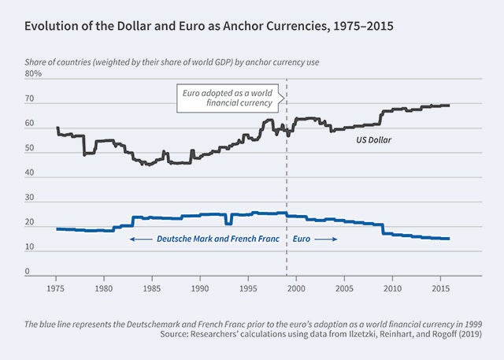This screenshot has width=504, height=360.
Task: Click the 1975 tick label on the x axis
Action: (x=57, y=288)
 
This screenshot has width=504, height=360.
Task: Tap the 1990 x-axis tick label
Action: (x=201, y=288)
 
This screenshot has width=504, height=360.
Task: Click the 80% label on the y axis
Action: (x=34, y=73)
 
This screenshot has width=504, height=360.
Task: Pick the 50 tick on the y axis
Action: (x=30, y=148)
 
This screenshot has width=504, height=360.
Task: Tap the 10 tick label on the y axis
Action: (x=30, y=247)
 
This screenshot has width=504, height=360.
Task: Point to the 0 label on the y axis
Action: (x=28, y=272)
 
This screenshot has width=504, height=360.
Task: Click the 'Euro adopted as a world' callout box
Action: (x=226, y=98)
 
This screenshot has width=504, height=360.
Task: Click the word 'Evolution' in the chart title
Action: (x=54, y=27)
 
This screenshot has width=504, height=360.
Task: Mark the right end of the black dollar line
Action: (x=449, y=106)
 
